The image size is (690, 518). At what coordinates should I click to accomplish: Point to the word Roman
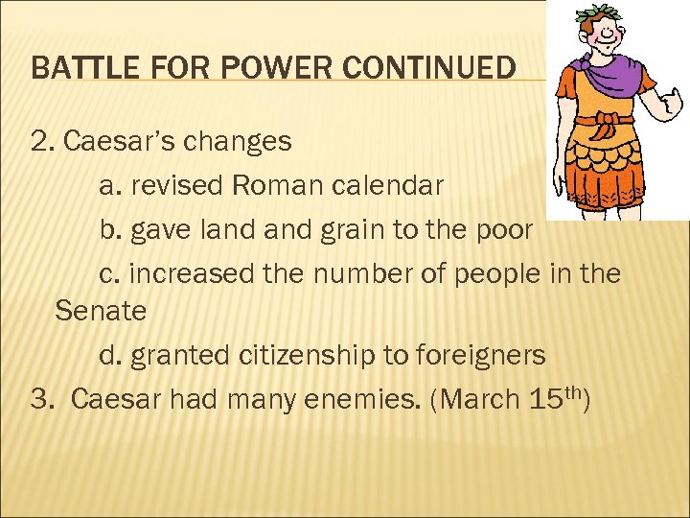[x=277, y=185]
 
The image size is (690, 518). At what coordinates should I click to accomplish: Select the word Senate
[x=101, y=311]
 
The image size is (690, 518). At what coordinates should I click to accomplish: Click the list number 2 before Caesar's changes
[x=39, y=142]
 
